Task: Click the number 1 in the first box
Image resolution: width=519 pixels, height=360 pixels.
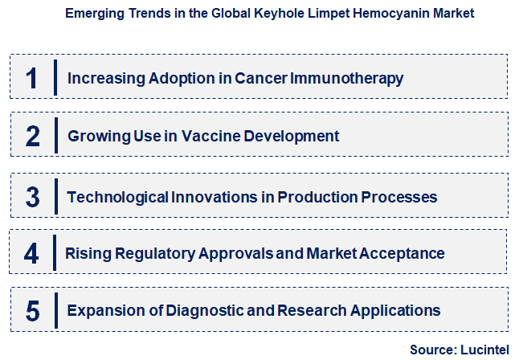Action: pyautogui.click(x=32, y=78)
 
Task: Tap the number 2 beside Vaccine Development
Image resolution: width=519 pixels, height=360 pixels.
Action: pyautogui.click(x=32, y=136)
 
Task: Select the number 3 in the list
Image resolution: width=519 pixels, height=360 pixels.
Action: pyautogui.click(x=32, y=196)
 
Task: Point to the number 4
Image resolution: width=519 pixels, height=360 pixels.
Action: pyautogui.click(x=32, y=253)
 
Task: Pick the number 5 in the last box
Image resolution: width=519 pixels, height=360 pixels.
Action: pyautogui.click(x=32, y=310)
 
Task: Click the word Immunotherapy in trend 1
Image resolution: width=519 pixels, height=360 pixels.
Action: pyautogui.click(x=353, y=79)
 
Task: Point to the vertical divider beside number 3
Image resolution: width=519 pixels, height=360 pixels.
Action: pyautogui.click(x=55, y=196)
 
